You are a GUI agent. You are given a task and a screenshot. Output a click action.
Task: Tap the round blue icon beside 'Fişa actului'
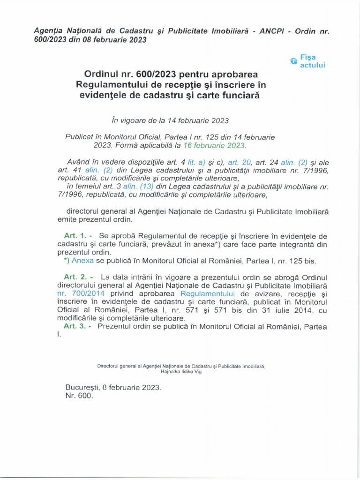(293, 61)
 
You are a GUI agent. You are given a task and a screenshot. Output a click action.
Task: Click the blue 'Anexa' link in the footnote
(81, 260)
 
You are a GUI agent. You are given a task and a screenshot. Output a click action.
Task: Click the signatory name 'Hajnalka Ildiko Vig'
(181, 371)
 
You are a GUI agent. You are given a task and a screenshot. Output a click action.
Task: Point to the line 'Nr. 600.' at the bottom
(80, 396)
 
